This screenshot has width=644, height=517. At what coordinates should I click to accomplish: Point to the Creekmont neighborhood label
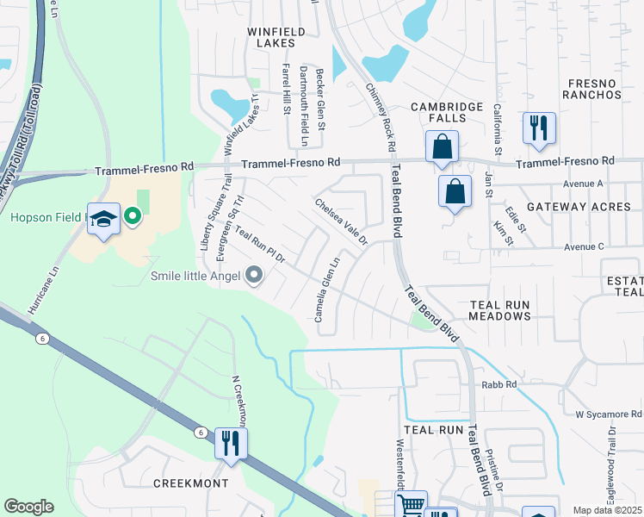click(x=191, y=483)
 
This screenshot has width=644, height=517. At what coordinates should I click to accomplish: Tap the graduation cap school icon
click(x=103, y=221)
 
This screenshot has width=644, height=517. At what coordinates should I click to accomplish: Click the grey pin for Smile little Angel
click(x=253, y=276)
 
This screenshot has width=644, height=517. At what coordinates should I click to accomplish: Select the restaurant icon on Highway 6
click(x=230, y=443)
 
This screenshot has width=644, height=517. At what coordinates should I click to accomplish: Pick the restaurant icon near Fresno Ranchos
click(x=539, y=128)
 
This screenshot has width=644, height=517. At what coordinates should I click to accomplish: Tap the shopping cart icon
click(x=412, y=505)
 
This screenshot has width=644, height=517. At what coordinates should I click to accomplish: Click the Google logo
click(x=28, y=507)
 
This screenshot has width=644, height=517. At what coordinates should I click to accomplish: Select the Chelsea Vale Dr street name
click(x=341, y=221)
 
